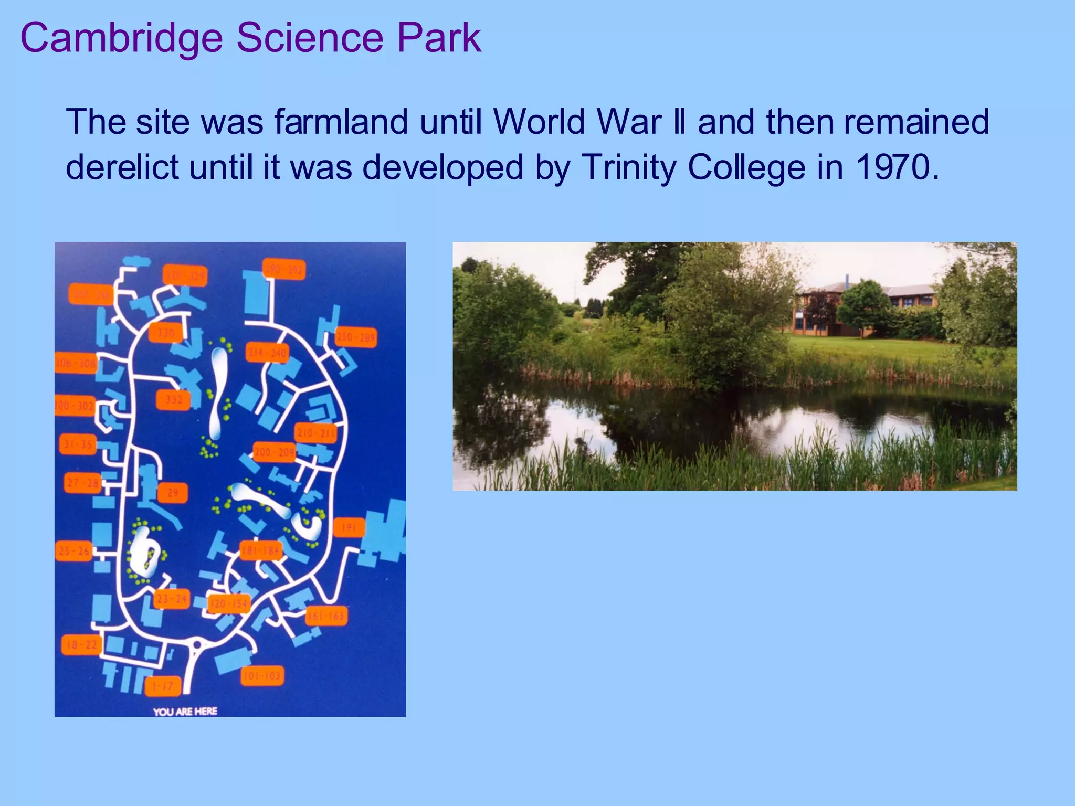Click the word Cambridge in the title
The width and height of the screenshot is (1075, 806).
122,38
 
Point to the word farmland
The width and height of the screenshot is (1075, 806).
341,122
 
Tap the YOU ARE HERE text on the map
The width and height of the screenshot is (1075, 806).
185,712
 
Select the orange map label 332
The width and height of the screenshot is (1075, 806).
174,400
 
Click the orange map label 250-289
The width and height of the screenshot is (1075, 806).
356,337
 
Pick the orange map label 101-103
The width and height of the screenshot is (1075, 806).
262,676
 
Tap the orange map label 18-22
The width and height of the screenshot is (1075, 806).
81,645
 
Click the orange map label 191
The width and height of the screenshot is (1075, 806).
349,527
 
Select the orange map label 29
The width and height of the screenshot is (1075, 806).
173,493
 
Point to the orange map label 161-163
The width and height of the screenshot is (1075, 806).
326,616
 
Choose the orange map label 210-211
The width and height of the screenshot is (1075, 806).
315,433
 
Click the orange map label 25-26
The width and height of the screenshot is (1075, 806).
74,551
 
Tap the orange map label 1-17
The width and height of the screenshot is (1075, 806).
163,686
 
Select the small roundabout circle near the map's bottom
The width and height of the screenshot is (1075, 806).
197,644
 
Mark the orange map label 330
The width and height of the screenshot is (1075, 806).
166,333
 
